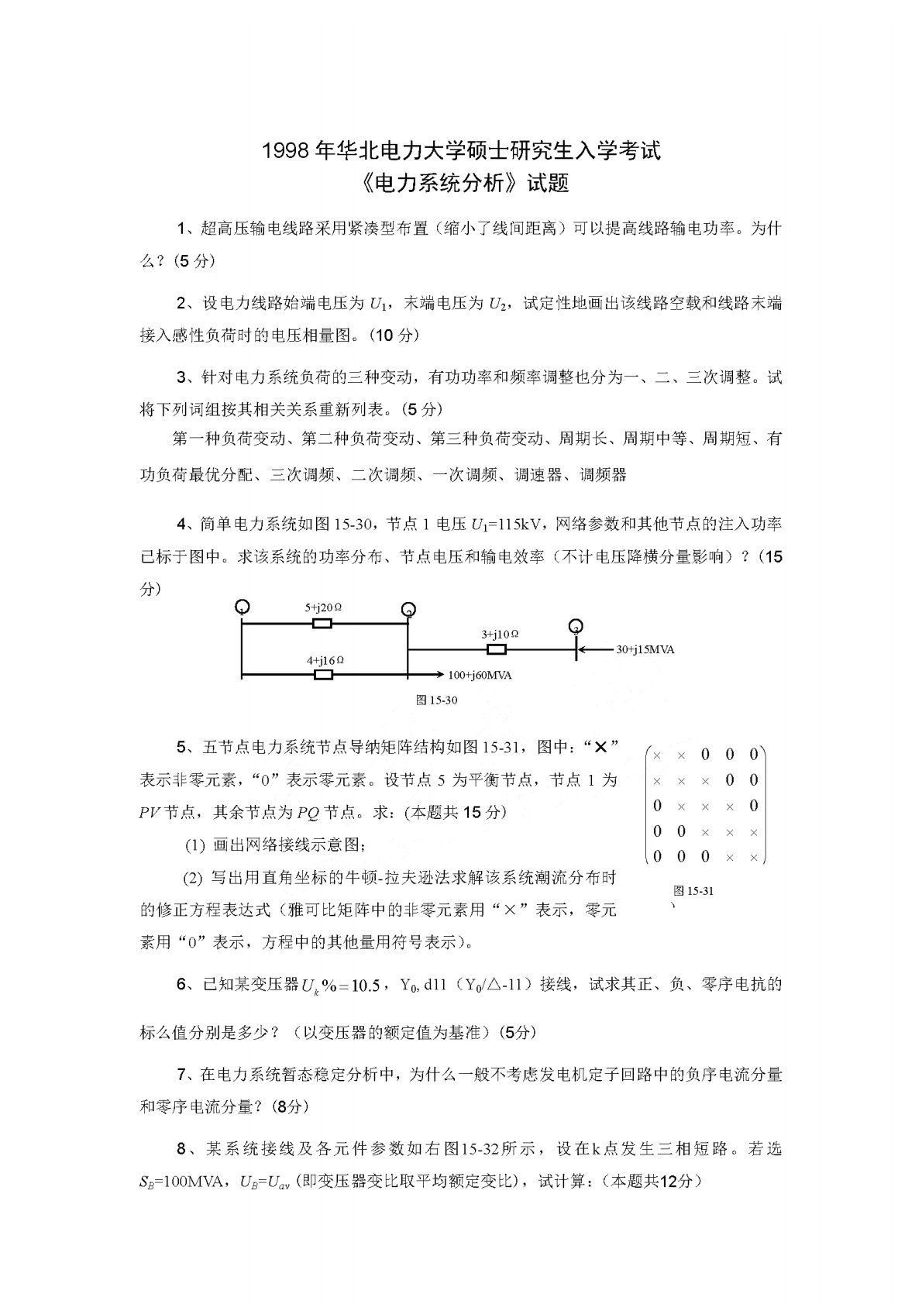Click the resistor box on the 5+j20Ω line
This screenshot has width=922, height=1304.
pyautogui.click(x=322, y=624)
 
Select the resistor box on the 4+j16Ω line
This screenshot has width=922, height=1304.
pyautogui.click(x=323, y=675)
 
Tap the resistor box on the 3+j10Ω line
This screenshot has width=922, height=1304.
pyautogui.click(x=496, y=649)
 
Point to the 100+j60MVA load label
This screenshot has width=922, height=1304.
pyautogui.click(x=480, y=675)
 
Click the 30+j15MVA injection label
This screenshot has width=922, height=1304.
pyautogui.click(x=645, y=649)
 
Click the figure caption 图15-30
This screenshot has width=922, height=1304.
pyautogui.click(x=437, y=700)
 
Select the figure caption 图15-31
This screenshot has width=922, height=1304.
pyautogui.click(x=693, y=891)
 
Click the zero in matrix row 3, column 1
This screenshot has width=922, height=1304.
pyautogui.click(x=657, y=806)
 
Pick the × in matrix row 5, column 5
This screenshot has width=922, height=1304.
pyautogui.click(x=754, y=857)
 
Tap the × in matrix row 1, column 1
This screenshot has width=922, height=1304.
pyautogui.click(x=657, y=755)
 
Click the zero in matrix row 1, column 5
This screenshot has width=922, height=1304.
pyautogui.click(x=754, y=755)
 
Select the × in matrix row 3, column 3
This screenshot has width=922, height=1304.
pyautogui.click(x=705, y=806)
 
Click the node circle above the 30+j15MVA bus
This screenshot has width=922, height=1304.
pyautogui.click(x=575, y=625)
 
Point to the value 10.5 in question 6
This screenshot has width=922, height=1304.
pyautogui.click(x=366, y=986)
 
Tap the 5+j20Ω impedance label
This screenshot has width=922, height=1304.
pyautogui.click(x=323, y=608)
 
